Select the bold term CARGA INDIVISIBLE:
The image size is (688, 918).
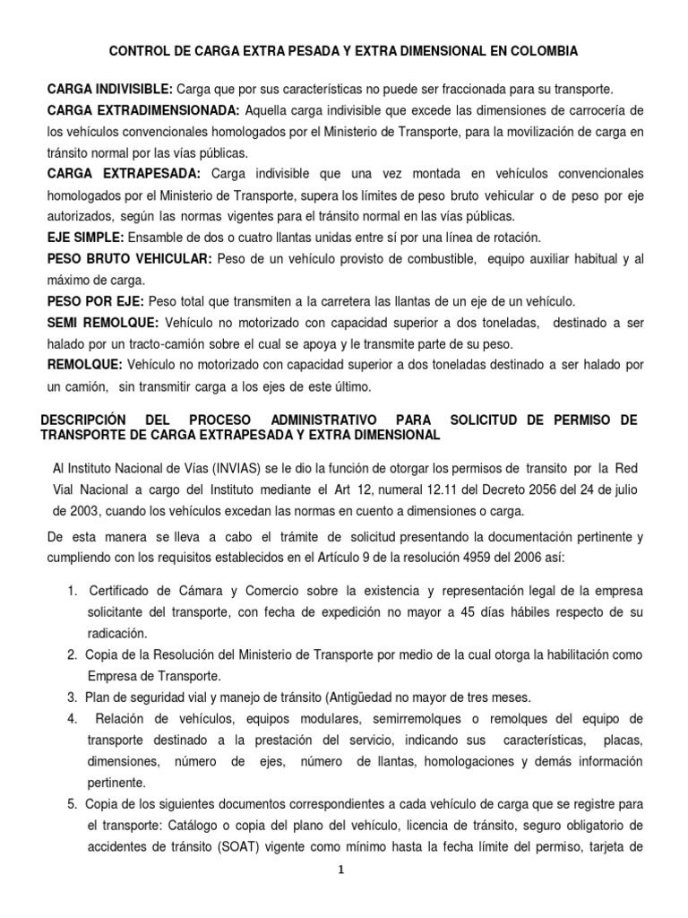(109, 90)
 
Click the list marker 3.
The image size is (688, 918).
(72, 697)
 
